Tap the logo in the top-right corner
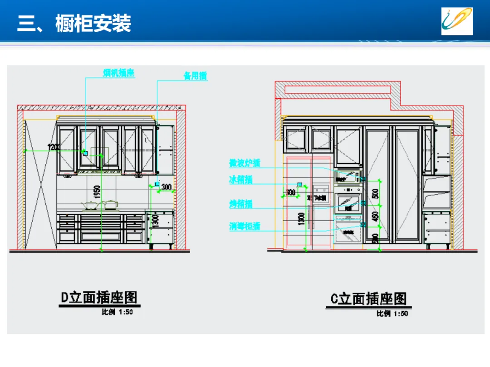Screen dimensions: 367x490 coord(457,21)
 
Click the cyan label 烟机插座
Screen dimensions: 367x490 coord(119,72)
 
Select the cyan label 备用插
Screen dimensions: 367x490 coord(195,76)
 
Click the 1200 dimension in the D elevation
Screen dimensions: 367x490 coord(54,147)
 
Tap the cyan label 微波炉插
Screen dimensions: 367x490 coord(245,163)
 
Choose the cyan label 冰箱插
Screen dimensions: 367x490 coord(240,180)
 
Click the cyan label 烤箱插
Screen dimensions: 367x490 coord(240,204)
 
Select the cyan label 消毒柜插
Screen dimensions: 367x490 coord(245,226)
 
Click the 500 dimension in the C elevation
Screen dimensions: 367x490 coord(375,194)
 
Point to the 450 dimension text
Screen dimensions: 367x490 coord(375,217)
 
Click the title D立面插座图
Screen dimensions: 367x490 coord(99,298)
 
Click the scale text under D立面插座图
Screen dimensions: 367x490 coord(117,312)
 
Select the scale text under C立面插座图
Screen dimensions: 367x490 coord(392,314)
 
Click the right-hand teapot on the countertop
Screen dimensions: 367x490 coord(110,205)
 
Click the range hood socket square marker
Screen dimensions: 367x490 coord(84,153)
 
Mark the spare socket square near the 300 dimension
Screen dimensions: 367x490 coord(157,184)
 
